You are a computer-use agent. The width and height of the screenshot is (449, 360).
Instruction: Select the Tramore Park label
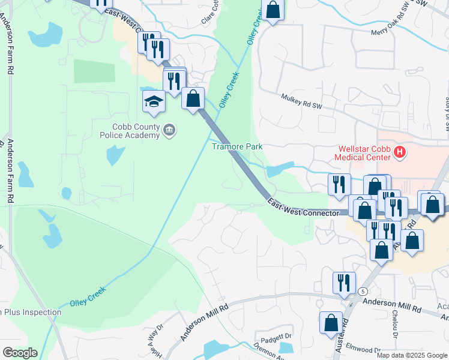[237, 146]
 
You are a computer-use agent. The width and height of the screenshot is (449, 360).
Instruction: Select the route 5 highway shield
[363, 291]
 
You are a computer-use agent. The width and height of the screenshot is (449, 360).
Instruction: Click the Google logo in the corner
[20, 352]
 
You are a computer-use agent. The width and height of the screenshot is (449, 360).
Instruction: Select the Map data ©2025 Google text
[412, 355]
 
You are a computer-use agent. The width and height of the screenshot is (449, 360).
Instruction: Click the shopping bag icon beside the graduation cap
[193, 98]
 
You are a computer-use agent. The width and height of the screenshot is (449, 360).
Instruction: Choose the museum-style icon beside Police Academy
[169, 130]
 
